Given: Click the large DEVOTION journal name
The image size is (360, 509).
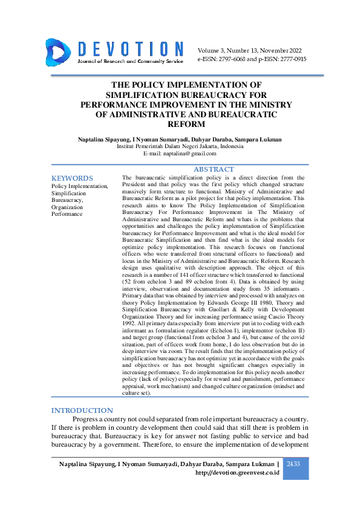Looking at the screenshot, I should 130,49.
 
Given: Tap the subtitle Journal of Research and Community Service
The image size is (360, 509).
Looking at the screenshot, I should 129,62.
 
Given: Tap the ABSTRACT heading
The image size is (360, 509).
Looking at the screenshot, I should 214,169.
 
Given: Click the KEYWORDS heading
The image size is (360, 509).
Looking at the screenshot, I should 72,178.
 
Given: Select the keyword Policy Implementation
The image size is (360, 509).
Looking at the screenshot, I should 80,186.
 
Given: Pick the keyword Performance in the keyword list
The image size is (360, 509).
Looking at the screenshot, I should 67,214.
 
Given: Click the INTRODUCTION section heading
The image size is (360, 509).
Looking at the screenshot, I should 82,410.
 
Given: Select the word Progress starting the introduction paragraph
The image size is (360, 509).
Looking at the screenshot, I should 87,419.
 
